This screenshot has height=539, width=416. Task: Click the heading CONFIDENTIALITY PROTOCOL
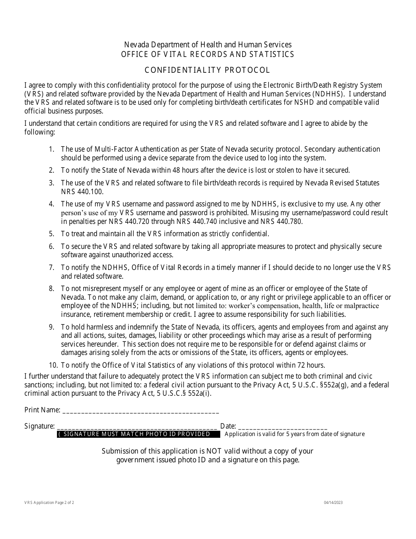pos(208,70)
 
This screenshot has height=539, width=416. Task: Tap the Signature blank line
pos(137,426)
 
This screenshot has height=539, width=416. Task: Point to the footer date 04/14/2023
pos(334,503)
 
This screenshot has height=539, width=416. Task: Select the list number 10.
pos(53,365)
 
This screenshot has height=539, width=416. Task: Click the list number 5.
pos(52,234)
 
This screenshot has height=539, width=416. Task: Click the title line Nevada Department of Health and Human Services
pos(208,45)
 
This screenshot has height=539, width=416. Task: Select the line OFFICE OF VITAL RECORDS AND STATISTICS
pos(208,55)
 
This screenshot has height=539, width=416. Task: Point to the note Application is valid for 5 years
pos(294,434)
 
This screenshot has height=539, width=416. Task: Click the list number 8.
pos(52,288)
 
